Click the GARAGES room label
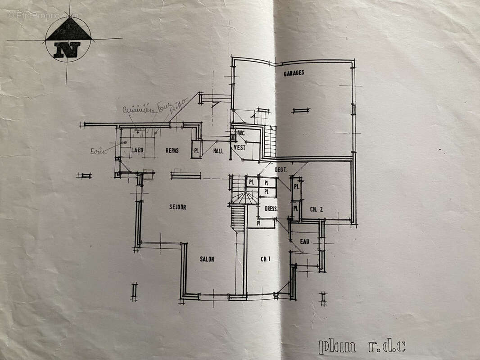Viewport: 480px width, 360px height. [x=294, y=72]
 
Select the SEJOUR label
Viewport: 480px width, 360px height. [x=178, y=207]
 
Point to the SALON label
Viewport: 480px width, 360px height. [x=207, y=259]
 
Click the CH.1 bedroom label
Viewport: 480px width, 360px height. [x=265, y=259]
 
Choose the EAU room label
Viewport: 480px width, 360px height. [x=305, y=242]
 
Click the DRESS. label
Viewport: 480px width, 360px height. [x=271, y=209]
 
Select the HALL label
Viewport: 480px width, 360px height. [x=218, y=151]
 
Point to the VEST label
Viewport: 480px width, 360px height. [x=239, y=148]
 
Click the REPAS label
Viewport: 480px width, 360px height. [x=172, y=150]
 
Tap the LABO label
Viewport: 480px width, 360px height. [x=137, y=150]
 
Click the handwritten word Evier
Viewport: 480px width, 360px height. [x=98, y=151]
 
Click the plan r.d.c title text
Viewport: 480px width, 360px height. [x=362, y=346]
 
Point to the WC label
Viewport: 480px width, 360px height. [x=241, y=133]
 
